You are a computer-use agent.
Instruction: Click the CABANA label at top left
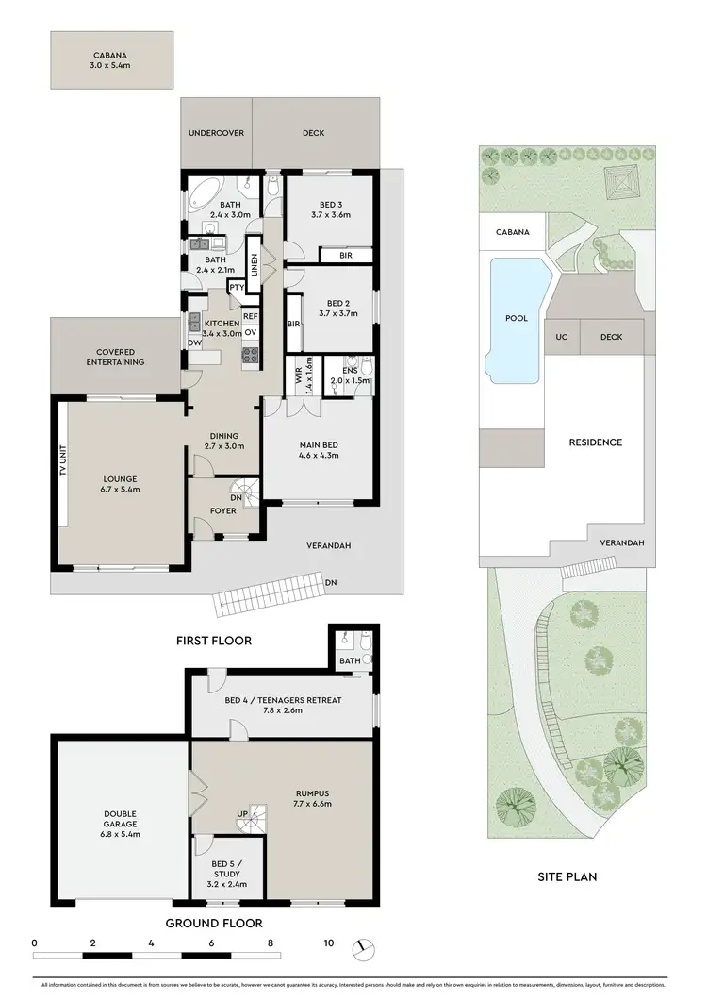112,55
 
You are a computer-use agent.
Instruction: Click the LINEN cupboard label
253,260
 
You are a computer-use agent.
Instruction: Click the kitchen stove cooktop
251,355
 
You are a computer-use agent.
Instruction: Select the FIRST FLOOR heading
214,641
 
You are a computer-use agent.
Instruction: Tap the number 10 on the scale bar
329,943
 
